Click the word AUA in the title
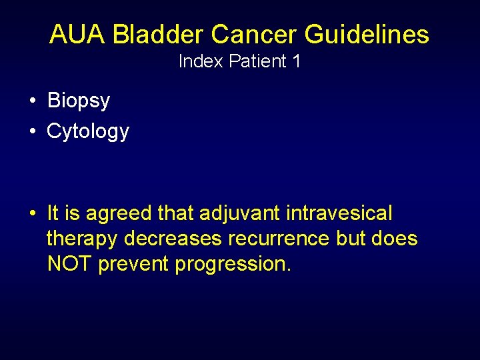[x=77, y=34]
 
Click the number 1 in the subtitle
[x=295, y=62]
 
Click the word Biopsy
[x=78, y=101]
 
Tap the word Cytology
[x=87, y=131]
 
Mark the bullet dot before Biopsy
[x=33, y=101]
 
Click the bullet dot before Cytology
[x=33, y=131]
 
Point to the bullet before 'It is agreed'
[x=33, y=214]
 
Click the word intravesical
[x=339, y=214]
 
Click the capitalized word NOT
[x=70, y=263]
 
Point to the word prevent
[x=134, y=264]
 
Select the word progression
[x=233, y=265]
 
